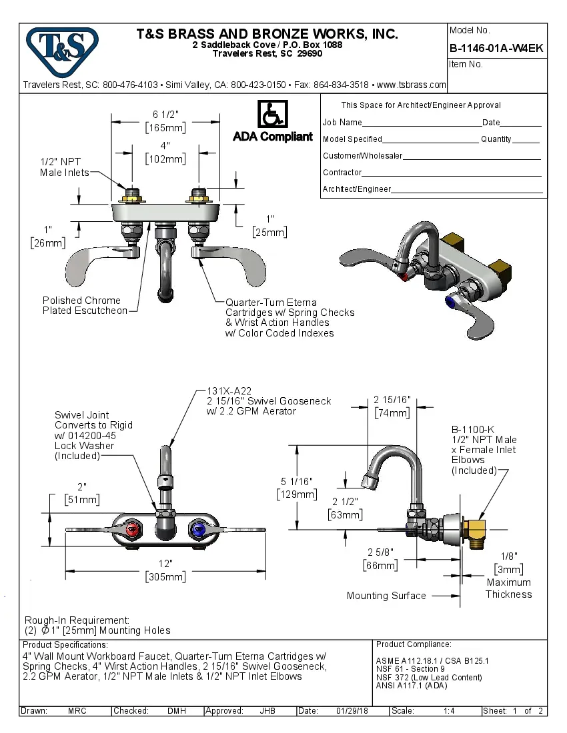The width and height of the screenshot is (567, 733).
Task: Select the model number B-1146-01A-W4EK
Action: tap(496, 48)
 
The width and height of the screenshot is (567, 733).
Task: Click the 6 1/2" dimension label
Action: tap(165, 114)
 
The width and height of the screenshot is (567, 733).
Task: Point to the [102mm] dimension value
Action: tap(165, 159)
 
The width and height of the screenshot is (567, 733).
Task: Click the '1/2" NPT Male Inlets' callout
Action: tap(64, 167)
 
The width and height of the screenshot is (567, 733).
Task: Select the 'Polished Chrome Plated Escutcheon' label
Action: tap(85, 305)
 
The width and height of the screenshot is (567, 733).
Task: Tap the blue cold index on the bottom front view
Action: tap(197, 530)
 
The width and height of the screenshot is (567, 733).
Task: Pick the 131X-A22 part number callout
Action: tap(229, 391)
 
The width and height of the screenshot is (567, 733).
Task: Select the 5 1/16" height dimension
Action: tap(297, 482)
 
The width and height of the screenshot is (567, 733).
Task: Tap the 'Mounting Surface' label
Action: tap(386, 596)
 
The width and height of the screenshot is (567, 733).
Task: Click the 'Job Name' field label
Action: tap(342, 123)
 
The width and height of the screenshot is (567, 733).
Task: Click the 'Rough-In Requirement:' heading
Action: tap(77, 620)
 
